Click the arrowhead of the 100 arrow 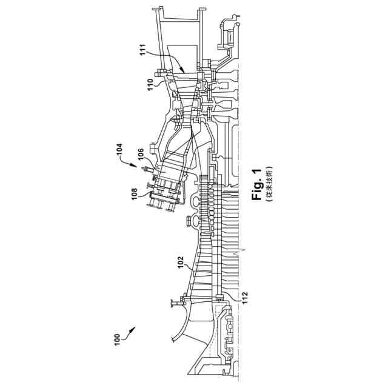[134, 328]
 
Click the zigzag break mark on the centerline [244, 249]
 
